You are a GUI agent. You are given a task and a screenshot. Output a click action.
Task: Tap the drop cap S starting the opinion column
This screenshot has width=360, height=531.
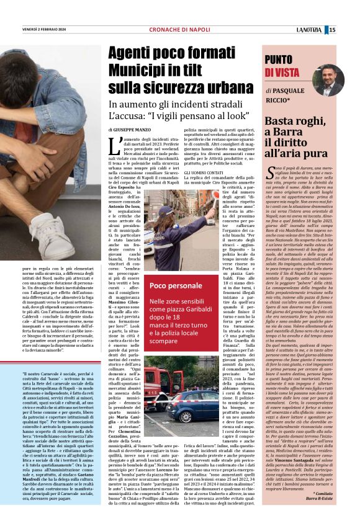click(269, 172)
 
